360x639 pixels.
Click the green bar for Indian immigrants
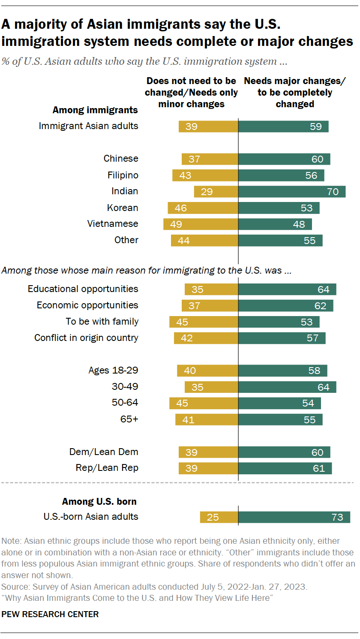(x=291, y=192)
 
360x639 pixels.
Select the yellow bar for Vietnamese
(x=201, y=224)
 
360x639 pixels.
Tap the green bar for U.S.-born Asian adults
(x=294, y=517)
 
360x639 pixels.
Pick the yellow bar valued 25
(x=219, y=517)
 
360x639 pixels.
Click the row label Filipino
(x=123, y=175)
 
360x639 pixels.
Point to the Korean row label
(x=123, y=208)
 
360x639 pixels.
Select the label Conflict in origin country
(x=86, y=338)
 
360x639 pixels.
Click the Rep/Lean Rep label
(x=107, y=468)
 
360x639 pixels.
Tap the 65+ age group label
(x=129, y=419)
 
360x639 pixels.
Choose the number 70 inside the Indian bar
(x=333, y=192)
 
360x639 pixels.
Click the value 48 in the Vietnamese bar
(x=299, y=224)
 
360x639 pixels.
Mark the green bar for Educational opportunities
(x=287, y=289)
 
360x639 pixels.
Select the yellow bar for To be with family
(x=204, y=322)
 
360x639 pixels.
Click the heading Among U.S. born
(x=99, y=501)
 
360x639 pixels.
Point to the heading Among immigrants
(x=95, y=110)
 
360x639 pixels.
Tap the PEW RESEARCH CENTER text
(x=50, y=614)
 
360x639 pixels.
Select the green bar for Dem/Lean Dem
(x=284, y=452)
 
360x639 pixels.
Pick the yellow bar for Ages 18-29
(x=207, y=371)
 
